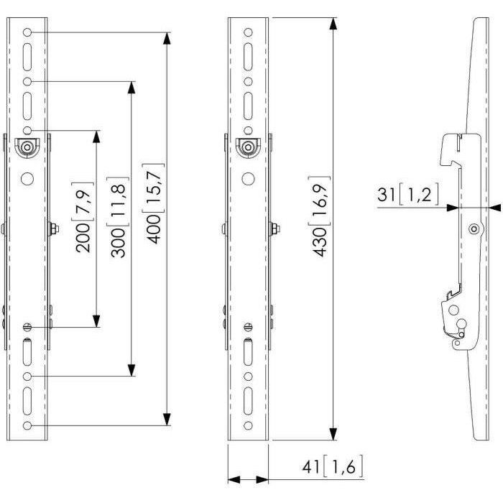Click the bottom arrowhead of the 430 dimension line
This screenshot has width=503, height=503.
333,433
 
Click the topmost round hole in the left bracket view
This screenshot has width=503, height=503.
27,32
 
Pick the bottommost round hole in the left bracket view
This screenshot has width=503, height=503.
27,426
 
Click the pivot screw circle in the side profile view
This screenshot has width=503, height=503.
473,229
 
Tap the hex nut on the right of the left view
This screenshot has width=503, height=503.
54,229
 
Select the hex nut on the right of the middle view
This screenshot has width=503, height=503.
275,229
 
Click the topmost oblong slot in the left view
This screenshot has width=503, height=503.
27,56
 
